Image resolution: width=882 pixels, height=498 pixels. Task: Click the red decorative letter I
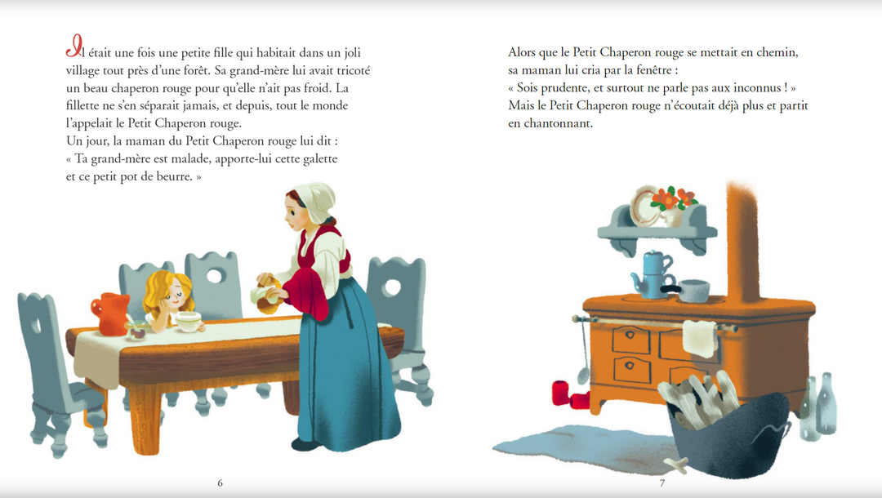tap(74, 46)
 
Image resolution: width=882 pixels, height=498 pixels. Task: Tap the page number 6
tap(220, 482)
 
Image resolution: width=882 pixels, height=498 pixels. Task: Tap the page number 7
tap(662, 482)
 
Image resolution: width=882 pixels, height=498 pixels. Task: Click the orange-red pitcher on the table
tap(111, 313)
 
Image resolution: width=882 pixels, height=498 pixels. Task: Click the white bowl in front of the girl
tap(189, 322)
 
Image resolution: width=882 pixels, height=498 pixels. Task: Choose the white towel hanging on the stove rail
tap(702, 339)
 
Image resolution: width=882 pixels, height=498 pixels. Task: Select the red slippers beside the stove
tap(569, 394)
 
